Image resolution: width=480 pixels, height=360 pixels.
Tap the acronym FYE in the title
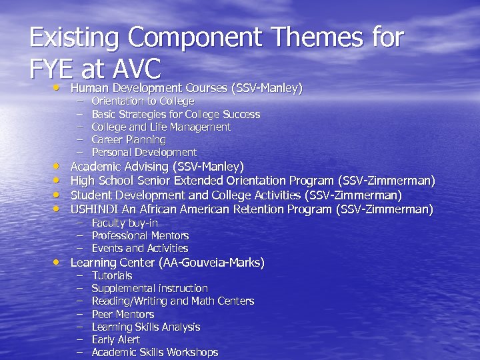(x=52, y=68)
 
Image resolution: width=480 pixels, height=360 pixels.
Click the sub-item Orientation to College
(x=143, y=101)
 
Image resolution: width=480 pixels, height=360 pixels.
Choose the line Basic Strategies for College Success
(x=175, y=114)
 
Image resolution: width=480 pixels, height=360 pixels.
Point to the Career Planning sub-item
(x=128, y=140)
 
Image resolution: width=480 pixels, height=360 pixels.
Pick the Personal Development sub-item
(x=144, y=153)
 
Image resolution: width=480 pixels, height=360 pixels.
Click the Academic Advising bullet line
(x=157, y=167)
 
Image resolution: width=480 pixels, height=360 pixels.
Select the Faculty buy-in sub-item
(x=125, y=223)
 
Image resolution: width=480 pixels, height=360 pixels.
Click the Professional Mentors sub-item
(x=140, y=236)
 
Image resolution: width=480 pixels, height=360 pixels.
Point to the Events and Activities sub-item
(x=139, y=249)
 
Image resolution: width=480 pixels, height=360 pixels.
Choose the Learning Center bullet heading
(x=167, y=263)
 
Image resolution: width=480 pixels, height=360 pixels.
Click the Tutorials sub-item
(x=112, y=276)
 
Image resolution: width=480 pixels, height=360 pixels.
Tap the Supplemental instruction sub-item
(x=149, y=289)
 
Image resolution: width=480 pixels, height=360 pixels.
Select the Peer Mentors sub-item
(x=123, y=314)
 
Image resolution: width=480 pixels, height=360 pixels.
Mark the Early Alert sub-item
(x=115, y=340)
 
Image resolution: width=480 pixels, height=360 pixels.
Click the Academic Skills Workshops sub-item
(x=155, y=353)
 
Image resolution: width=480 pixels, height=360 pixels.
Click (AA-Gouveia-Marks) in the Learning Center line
(x=211, y=263)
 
